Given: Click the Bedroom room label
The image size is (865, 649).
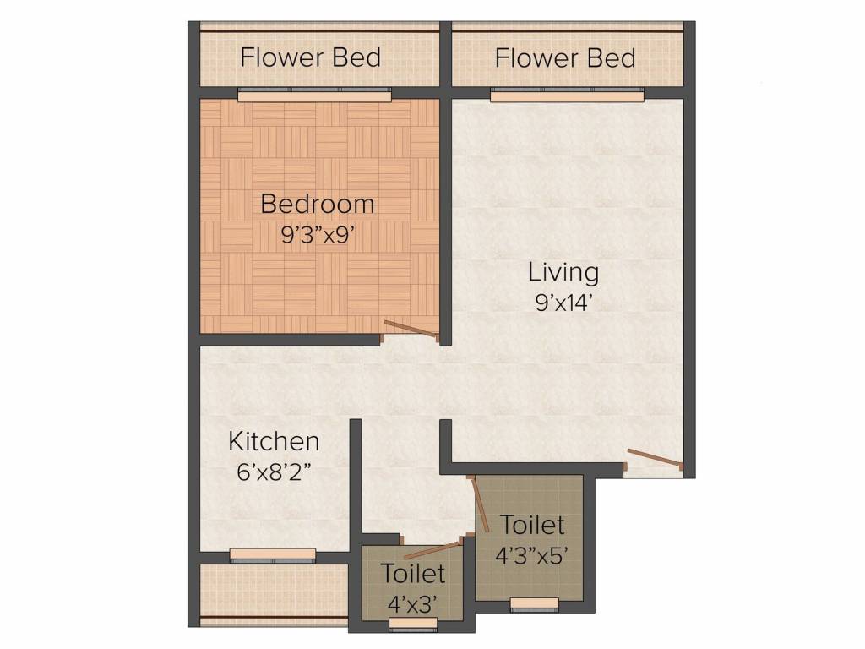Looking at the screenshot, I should (317, 205).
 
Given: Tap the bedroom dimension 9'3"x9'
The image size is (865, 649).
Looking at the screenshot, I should (317, 234).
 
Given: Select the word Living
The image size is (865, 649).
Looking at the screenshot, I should (563, 274).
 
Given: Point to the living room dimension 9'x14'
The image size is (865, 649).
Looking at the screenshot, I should (563, 303).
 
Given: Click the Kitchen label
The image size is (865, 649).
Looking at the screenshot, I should (275, 441).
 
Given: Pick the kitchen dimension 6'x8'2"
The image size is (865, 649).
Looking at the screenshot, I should (275, 471).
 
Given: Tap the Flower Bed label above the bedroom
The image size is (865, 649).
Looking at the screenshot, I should (310, 58).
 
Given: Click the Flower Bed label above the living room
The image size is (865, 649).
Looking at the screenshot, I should (565, 58).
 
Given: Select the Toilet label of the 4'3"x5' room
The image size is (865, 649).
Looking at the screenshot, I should (532, 525).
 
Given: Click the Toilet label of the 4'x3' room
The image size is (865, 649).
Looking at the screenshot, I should (413, 574).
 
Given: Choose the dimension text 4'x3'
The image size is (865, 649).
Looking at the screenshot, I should (413, 604).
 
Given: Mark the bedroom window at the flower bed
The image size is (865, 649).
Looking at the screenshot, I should (314, 96).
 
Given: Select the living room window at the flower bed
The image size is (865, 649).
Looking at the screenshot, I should (568, 96).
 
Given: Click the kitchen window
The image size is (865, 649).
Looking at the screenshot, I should (273, 554).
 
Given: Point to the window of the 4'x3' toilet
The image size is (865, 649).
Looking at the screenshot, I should (413, 624).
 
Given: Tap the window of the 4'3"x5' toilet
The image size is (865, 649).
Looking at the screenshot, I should (535, 603).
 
